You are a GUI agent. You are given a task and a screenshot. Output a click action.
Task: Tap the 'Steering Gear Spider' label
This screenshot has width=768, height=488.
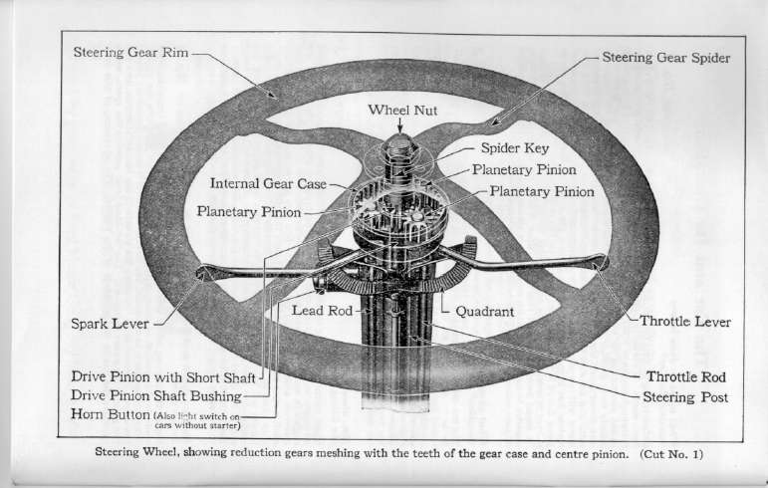pyautogui.click(x=666, y=58)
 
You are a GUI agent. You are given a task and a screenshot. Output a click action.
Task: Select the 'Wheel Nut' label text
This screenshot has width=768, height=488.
pyautogui.click(x=400, y=109)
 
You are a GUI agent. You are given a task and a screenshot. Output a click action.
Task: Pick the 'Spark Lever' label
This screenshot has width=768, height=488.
pyautogui.click(x=111, y=323)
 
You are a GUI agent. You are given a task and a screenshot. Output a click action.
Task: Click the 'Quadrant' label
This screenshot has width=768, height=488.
pyautogui.click(x=484, y=311)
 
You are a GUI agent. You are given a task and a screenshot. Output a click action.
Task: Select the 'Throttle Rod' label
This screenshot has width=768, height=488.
pyautogui.click(x=686, y=377)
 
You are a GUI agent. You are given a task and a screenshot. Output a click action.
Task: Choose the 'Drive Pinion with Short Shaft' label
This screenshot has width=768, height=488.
pyautogui.click(x=164, y=377)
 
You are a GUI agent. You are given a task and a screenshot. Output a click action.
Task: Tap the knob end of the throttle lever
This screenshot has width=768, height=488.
pyautogui.click(x=598, y=264)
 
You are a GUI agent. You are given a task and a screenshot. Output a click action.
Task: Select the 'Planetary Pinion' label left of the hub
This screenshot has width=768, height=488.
pyautogui.click(x=249, y=212)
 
